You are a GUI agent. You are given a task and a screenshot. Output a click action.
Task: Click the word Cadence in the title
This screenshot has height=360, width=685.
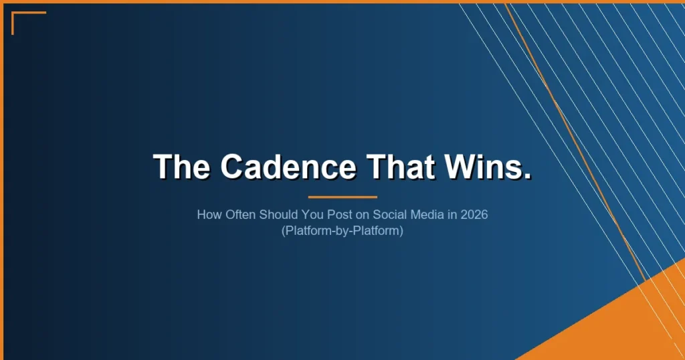[x=288, y=166]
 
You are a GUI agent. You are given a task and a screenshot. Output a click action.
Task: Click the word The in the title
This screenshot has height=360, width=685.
[x=183, y=166]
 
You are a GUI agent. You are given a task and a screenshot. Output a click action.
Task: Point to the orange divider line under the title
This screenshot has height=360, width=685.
[x=342, y=197]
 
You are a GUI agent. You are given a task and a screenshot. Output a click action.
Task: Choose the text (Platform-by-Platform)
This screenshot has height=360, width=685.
[x=342, y=232]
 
